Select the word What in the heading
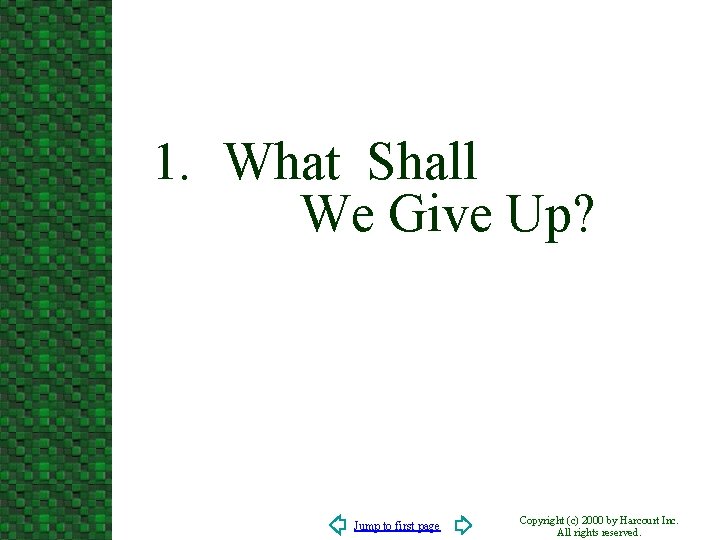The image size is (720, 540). [x=283, y=162]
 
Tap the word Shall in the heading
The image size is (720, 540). [x=422, y=162]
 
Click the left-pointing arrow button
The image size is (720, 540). [x=338, y=525]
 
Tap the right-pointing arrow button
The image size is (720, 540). [x=463, y=525]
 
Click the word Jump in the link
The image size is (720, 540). [x=366, y=526]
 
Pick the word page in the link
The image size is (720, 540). [x=428, y=527]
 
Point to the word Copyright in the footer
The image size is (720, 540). [x=545, y=521]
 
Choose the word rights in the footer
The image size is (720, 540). [x=588, y=533]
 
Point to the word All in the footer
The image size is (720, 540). [x=564, y=533]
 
